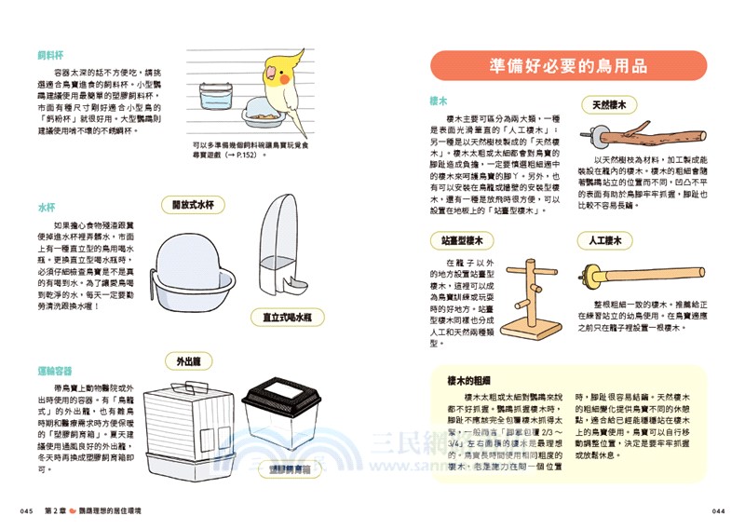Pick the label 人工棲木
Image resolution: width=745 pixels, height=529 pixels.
point(605,240)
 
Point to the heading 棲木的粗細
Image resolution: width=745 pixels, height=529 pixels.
point(468,380)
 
